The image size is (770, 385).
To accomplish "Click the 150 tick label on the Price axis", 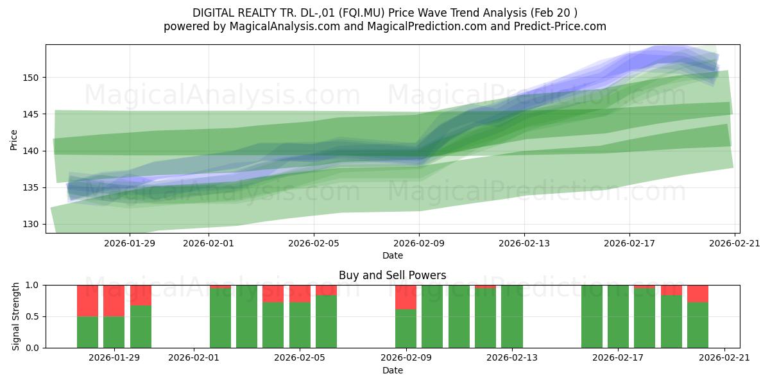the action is [31, 78].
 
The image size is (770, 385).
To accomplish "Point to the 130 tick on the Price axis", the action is [31, 225].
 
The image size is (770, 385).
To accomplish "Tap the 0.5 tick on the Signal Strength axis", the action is [33, 316].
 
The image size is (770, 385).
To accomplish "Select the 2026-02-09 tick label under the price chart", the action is [419, 243].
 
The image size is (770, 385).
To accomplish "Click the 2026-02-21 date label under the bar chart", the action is [724, 358].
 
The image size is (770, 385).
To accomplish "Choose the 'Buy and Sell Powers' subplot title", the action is [393, 275].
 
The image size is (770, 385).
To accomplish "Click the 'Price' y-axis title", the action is [13, 140].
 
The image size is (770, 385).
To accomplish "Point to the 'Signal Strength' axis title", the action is [15, 316].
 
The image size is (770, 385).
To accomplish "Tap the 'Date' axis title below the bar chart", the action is [393, 370].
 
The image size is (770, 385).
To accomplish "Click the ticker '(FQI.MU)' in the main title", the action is [362, 13].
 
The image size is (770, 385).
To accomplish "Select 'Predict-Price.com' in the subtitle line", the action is [560, 26].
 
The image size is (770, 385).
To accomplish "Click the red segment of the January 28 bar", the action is [87, 301].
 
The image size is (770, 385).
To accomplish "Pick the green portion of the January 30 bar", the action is [141, 327].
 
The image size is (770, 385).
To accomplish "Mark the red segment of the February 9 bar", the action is [406, 297].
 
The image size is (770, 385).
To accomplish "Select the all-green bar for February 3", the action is [246, 316].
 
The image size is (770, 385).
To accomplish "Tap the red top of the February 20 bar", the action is [698, 294].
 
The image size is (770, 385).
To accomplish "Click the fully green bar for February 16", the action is [592, 316].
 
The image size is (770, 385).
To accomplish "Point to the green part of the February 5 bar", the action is [326, 321].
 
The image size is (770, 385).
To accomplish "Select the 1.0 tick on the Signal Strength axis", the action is [33, 286].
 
